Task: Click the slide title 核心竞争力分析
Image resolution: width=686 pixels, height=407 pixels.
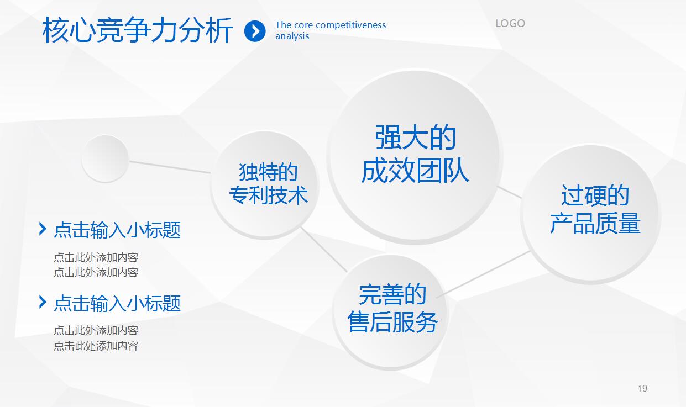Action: [138, 30]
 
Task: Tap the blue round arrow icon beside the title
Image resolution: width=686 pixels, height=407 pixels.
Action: [255, 31]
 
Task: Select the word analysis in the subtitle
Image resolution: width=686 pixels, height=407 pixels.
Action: [292, 36]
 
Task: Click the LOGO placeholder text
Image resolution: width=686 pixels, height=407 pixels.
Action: [510, 23]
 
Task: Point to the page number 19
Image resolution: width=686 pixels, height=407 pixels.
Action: [642, 388]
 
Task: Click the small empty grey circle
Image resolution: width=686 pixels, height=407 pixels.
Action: [105, 158]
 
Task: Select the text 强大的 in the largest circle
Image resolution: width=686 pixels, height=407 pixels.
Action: [415, 138]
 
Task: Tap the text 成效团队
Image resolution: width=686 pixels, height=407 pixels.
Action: [415, 171]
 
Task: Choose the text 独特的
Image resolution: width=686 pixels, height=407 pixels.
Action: [268, 172]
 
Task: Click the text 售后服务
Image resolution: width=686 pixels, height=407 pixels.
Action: [392, 322]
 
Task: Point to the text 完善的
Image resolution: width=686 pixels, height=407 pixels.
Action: [392, 294]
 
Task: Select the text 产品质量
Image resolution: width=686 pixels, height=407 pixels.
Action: [595, 224]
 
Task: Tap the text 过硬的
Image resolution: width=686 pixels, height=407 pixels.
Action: [595, 195]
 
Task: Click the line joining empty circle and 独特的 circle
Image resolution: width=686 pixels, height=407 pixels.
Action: [169, 167]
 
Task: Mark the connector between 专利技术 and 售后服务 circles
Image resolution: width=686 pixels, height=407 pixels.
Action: [324, 249]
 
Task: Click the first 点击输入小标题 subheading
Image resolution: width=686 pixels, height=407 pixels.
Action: [117, 230]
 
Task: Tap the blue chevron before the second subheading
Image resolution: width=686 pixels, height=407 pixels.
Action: [43, 302]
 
